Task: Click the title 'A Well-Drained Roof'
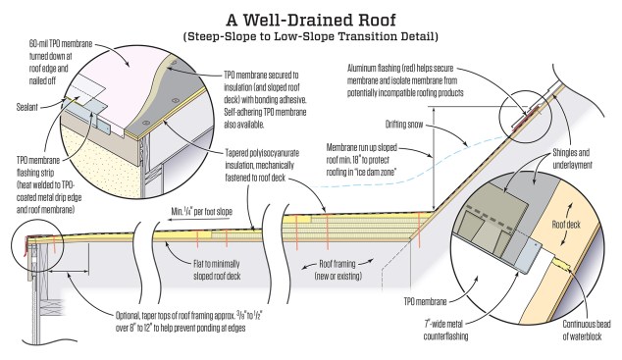click(x=311, y=20)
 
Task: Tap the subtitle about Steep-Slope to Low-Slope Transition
click(x=311, y=37)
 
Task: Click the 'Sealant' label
click(x=26, y=107)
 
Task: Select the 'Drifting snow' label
click(x=404, y=125)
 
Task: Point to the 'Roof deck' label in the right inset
click(x=566, y=225)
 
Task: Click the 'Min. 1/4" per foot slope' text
click(x=201, y=211)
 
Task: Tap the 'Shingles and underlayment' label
click(x=572, y=159)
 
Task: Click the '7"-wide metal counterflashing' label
click(x=445, y=330)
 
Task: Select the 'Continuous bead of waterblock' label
click(x=586, y=330)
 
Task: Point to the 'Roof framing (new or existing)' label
click(x=337, y=270)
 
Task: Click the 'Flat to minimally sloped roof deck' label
click(x=217, y=270)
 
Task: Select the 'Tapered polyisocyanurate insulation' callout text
click(x=262, y=166)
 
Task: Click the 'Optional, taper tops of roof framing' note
click(x=188, y=322)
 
